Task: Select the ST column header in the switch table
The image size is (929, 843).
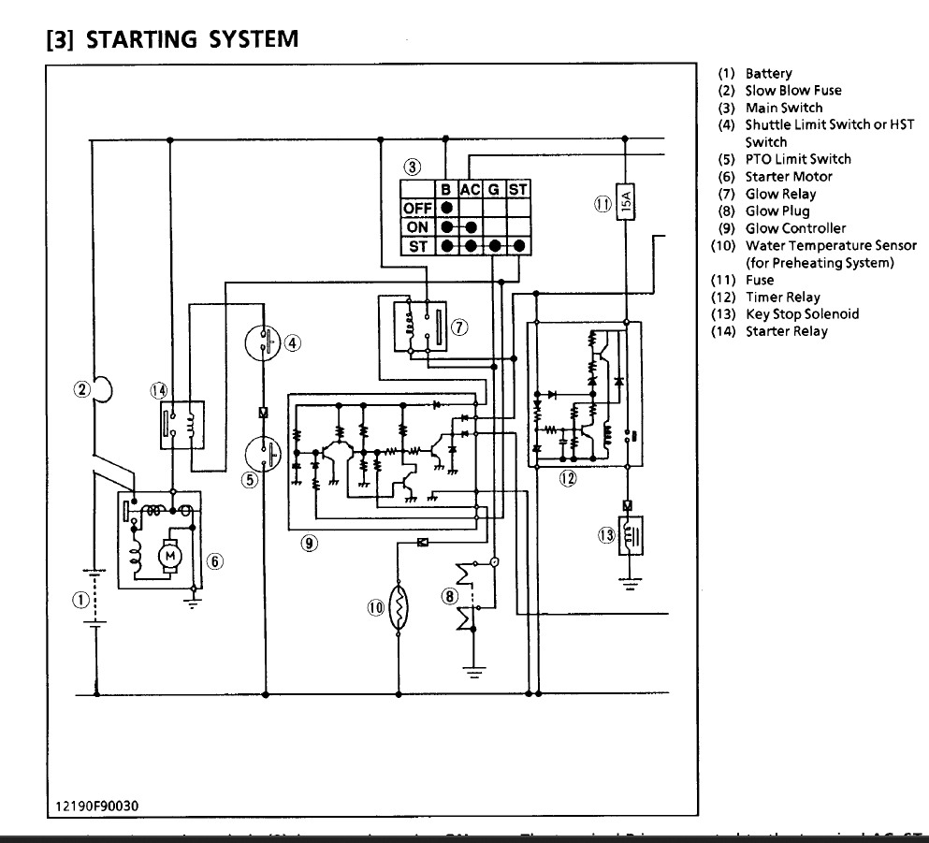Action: [517, 190]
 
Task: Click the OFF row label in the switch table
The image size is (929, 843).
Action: [418, 207]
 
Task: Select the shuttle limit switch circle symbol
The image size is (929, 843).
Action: [265, 342]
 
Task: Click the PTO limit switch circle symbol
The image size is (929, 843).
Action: [265, 456]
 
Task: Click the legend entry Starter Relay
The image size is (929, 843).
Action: [786, 331]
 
